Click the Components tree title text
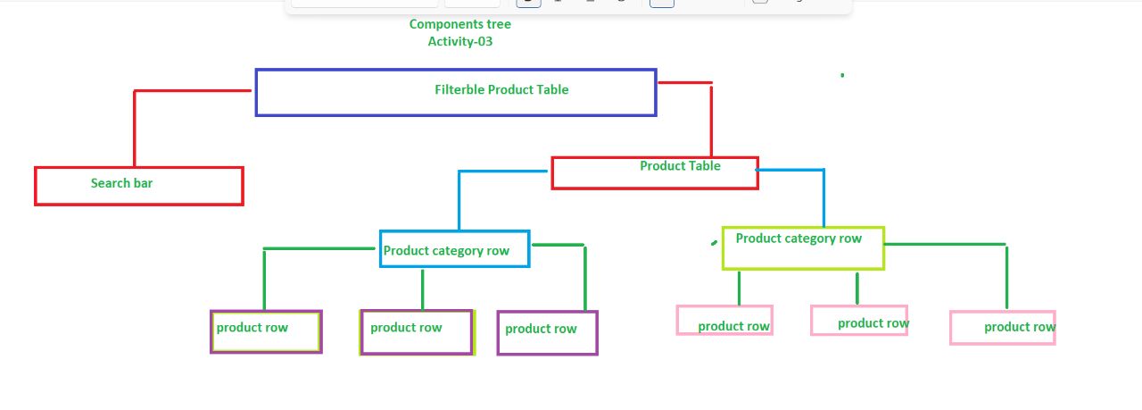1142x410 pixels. pyautogui.click(x=459, y=24)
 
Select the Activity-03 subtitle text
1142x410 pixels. pyautogui.click(x=459, y=41)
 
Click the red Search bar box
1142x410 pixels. pyautogui.click(x=139, y=186)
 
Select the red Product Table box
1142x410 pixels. pyautogui.click(x=655, y=172)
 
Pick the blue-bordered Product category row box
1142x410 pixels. pyautogui.click(x=454, y=249)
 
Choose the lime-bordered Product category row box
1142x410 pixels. pyautogui.click(x=803, y=247)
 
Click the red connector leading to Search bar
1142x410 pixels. pyautogui.click(x=135, y=125)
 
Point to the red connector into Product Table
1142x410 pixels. pyautogui.click(x=711, y=116)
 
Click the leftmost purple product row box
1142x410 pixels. pyautogui.click(x=266, y=331)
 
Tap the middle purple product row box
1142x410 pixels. pyautogui.click(x=416, y=332)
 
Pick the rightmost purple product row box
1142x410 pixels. pyautogui.click(x=547, y=332)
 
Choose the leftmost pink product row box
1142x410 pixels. pyautogui.click(x=724, y=321)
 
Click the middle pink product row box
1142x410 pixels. pyautogui.click(x=858, y=320)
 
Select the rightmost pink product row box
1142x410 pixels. pyautogui.click(x=1002, y=327)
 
